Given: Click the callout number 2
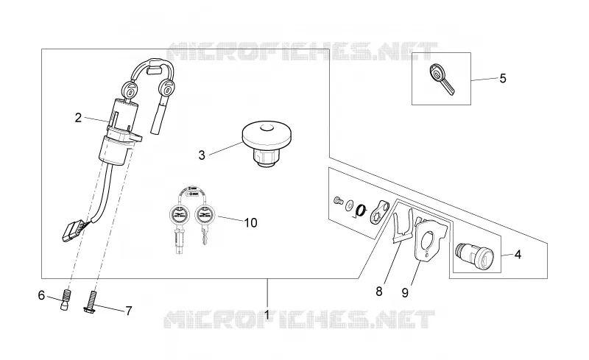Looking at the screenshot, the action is click(x=78, y=118).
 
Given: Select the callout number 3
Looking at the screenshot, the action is click(x=202, y=155).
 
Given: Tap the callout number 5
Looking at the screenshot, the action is click(x=503, y=79).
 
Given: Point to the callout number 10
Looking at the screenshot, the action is click(x=251, y=223).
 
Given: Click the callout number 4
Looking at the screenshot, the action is click(x=518, y=255).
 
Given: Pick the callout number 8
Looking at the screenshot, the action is click(x=378, y=292).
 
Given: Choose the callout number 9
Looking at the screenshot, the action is click(x=404, y=293).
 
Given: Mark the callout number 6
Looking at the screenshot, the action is click(x=41, y=296).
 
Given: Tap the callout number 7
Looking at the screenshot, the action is click(x=128, y=311).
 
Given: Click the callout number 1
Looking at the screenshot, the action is click(x=267, y=315).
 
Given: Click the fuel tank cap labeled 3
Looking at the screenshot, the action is click(x=267, y=144).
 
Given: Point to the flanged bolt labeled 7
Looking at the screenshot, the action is click(x=93, y=302).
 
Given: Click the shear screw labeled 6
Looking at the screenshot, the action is click(x=66, y=299).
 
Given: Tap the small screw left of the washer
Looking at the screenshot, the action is click(x=338, y=201).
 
